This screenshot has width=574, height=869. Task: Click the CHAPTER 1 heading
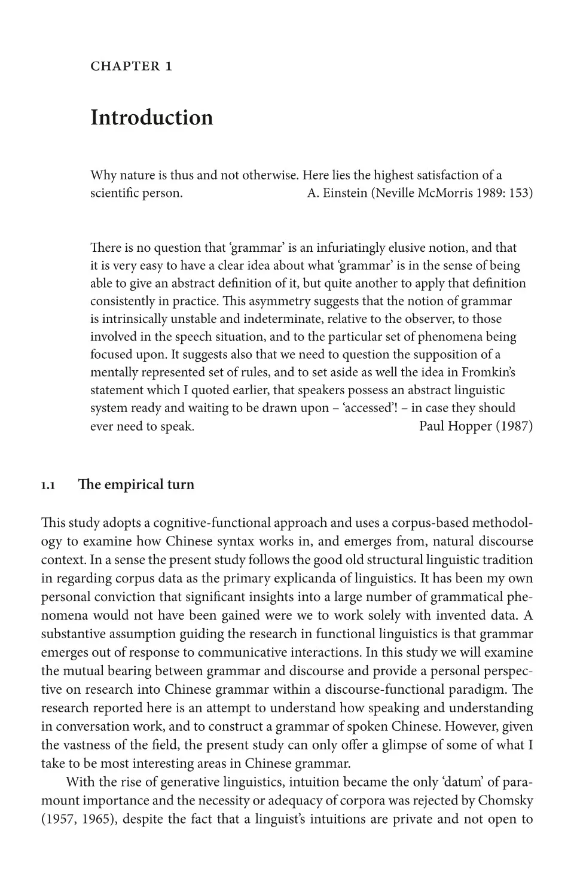[131, 66]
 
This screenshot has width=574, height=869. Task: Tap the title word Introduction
[151, 118]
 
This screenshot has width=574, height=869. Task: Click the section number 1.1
[48, 485]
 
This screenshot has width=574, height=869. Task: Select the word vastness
[89, 745]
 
